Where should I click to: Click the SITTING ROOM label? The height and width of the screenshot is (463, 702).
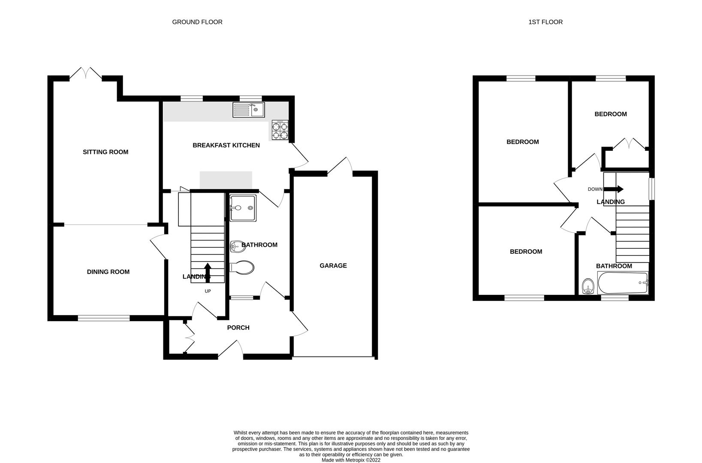pos(105,152)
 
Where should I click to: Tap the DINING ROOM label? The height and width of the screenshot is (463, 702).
pos(108,272)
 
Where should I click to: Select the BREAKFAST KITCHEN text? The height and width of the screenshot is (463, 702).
pos(226,145)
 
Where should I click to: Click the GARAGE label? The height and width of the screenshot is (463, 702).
pos(333,266)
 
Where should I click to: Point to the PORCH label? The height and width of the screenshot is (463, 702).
pos(238,328)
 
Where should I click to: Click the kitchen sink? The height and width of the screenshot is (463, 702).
pos(249,110)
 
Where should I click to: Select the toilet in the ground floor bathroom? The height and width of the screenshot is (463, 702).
pos(242,268)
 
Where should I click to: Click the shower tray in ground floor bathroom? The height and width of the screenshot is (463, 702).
pos(243,208)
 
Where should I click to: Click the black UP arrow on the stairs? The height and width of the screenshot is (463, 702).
pos(208,272)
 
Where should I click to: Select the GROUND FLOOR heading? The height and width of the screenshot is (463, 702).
pos(197,22)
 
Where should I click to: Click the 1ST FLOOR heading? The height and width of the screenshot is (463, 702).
pos(545,22)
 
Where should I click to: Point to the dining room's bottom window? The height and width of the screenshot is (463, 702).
pos(104,318)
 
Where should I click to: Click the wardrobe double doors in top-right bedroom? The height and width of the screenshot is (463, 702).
pos(629,144)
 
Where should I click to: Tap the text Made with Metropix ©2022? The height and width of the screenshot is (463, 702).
pos(351,460)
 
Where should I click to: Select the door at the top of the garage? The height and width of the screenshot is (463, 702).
pos(341,166)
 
